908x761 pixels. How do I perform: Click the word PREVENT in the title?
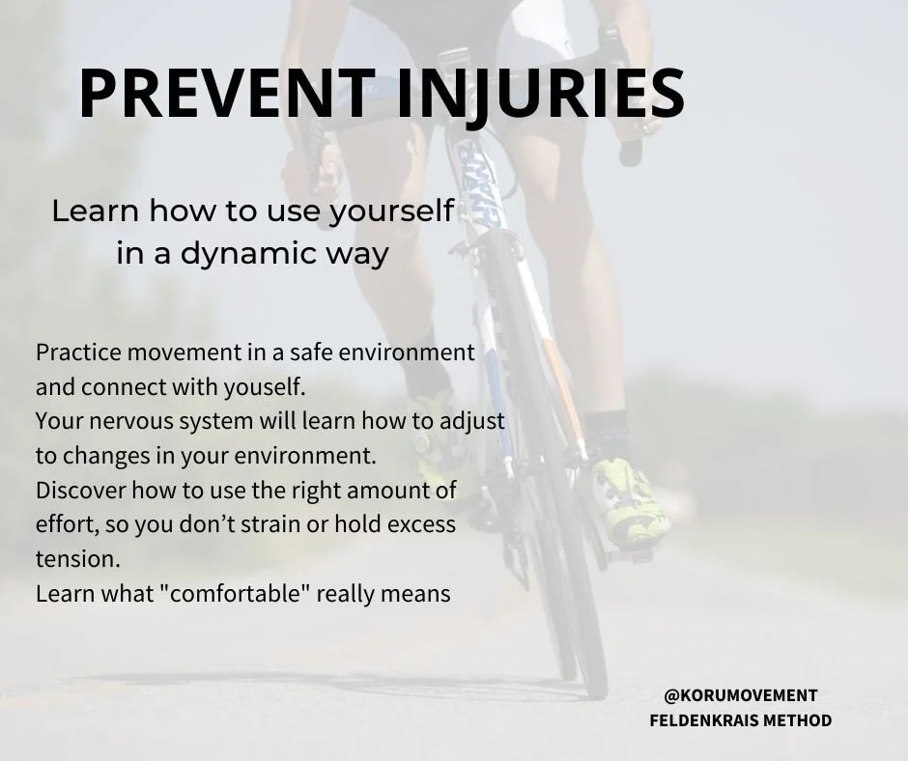[x=215, y=94]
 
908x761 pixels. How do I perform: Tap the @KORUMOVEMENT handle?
[x=741, y=695]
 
